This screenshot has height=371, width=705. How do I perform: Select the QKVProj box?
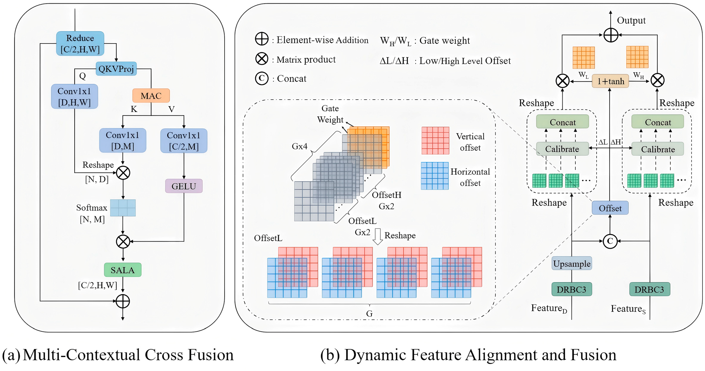116,69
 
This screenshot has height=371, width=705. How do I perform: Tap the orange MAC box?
151,96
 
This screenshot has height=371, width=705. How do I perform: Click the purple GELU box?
184,186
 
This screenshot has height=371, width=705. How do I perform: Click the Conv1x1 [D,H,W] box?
74,96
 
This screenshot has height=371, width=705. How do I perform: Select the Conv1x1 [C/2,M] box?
184,141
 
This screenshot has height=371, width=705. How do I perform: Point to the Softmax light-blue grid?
123,208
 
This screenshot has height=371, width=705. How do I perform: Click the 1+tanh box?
610,81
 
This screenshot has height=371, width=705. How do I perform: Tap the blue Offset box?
610,208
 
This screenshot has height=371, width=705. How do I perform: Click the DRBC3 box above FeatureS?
649,289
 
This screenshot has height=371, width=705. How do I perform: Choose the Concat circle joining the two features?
610,241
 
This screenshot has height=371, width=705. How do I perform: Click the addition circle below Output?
611,35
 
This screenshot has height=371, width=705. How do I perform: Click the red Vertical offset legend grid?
435,141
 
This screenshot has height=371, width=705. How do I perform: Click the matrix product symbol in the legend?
262,59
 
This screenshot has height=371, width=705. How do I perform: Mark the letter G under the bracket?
369,313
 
